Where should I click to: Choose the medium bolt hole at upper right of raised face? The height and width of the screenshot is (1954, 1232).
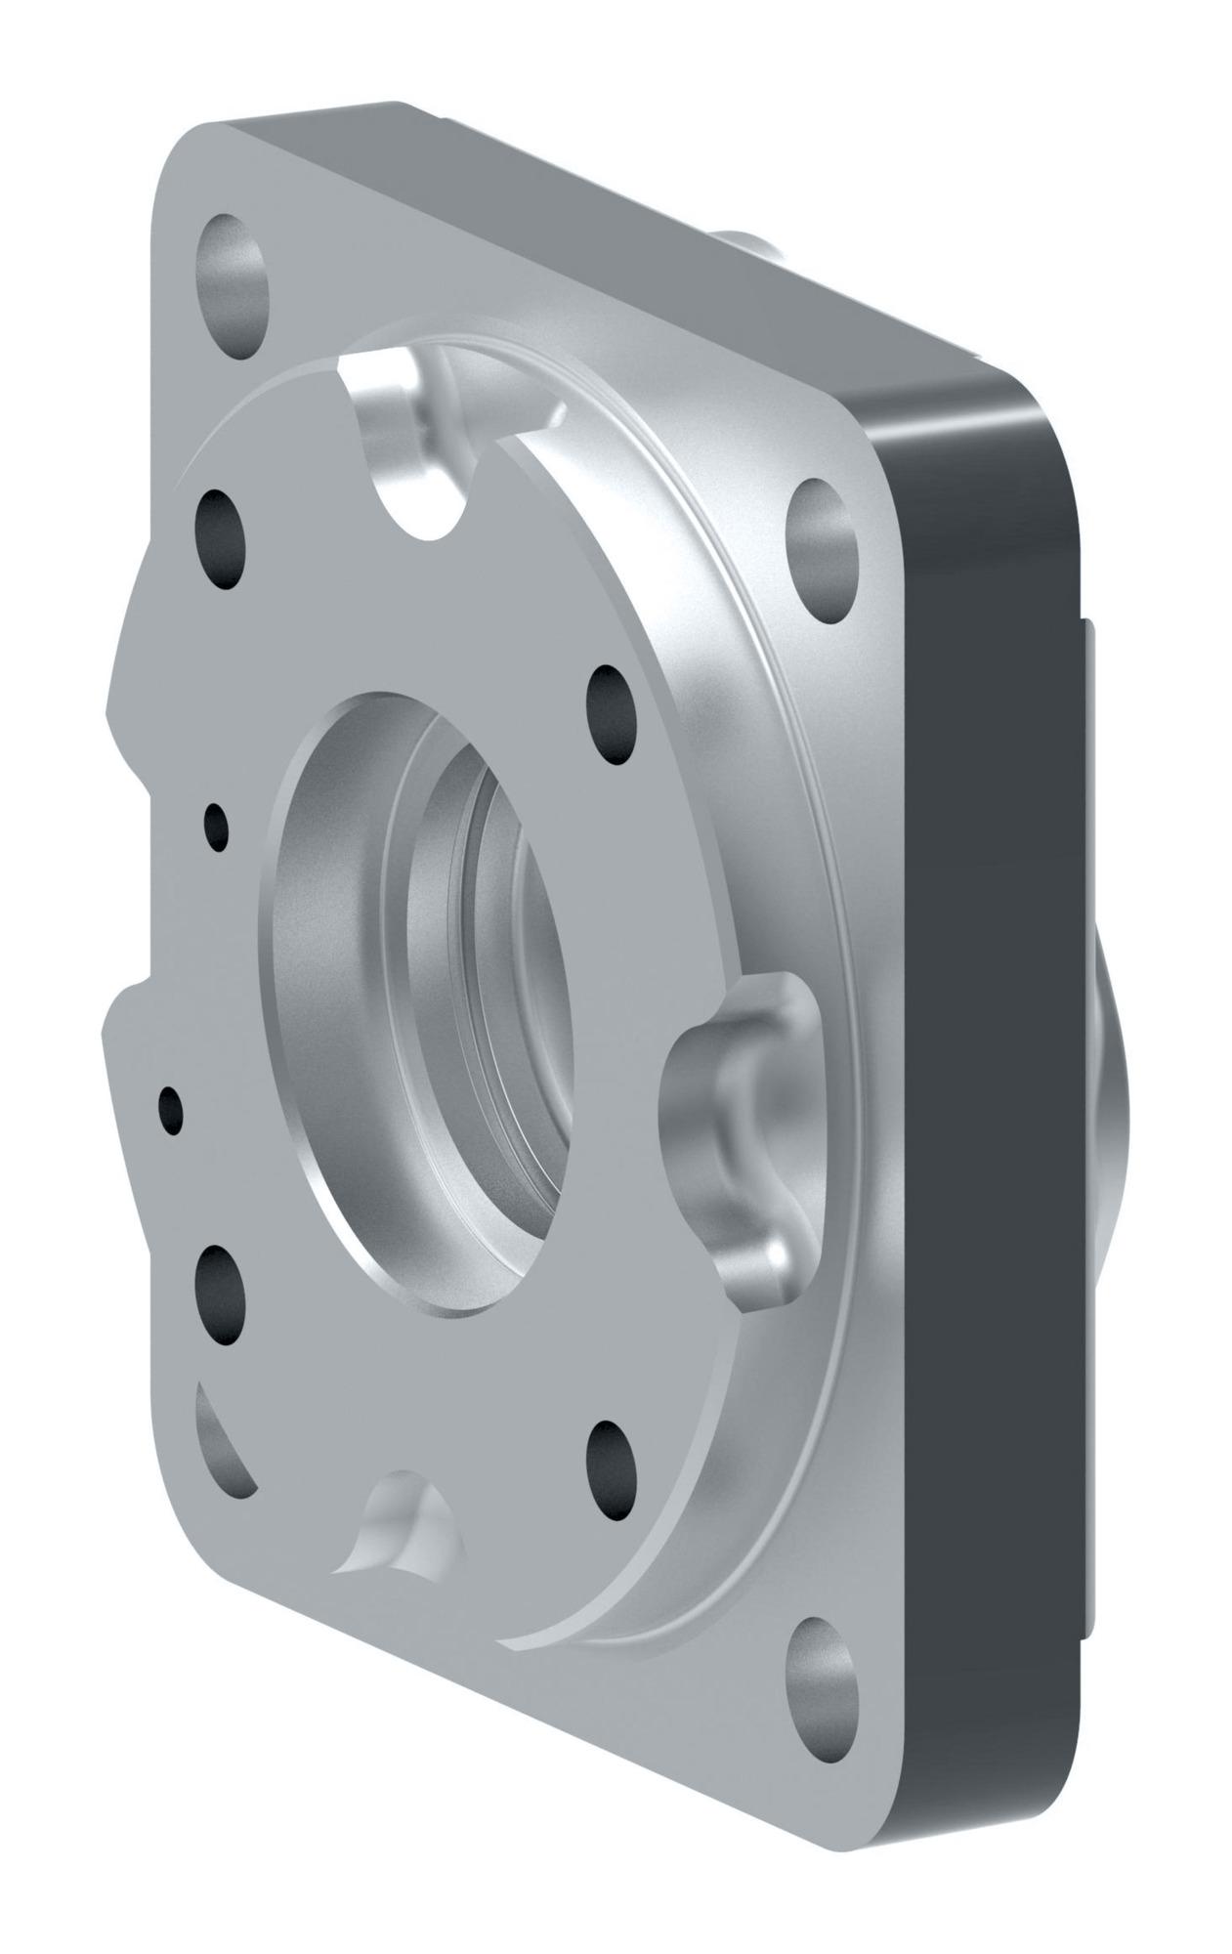(612, 714)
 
